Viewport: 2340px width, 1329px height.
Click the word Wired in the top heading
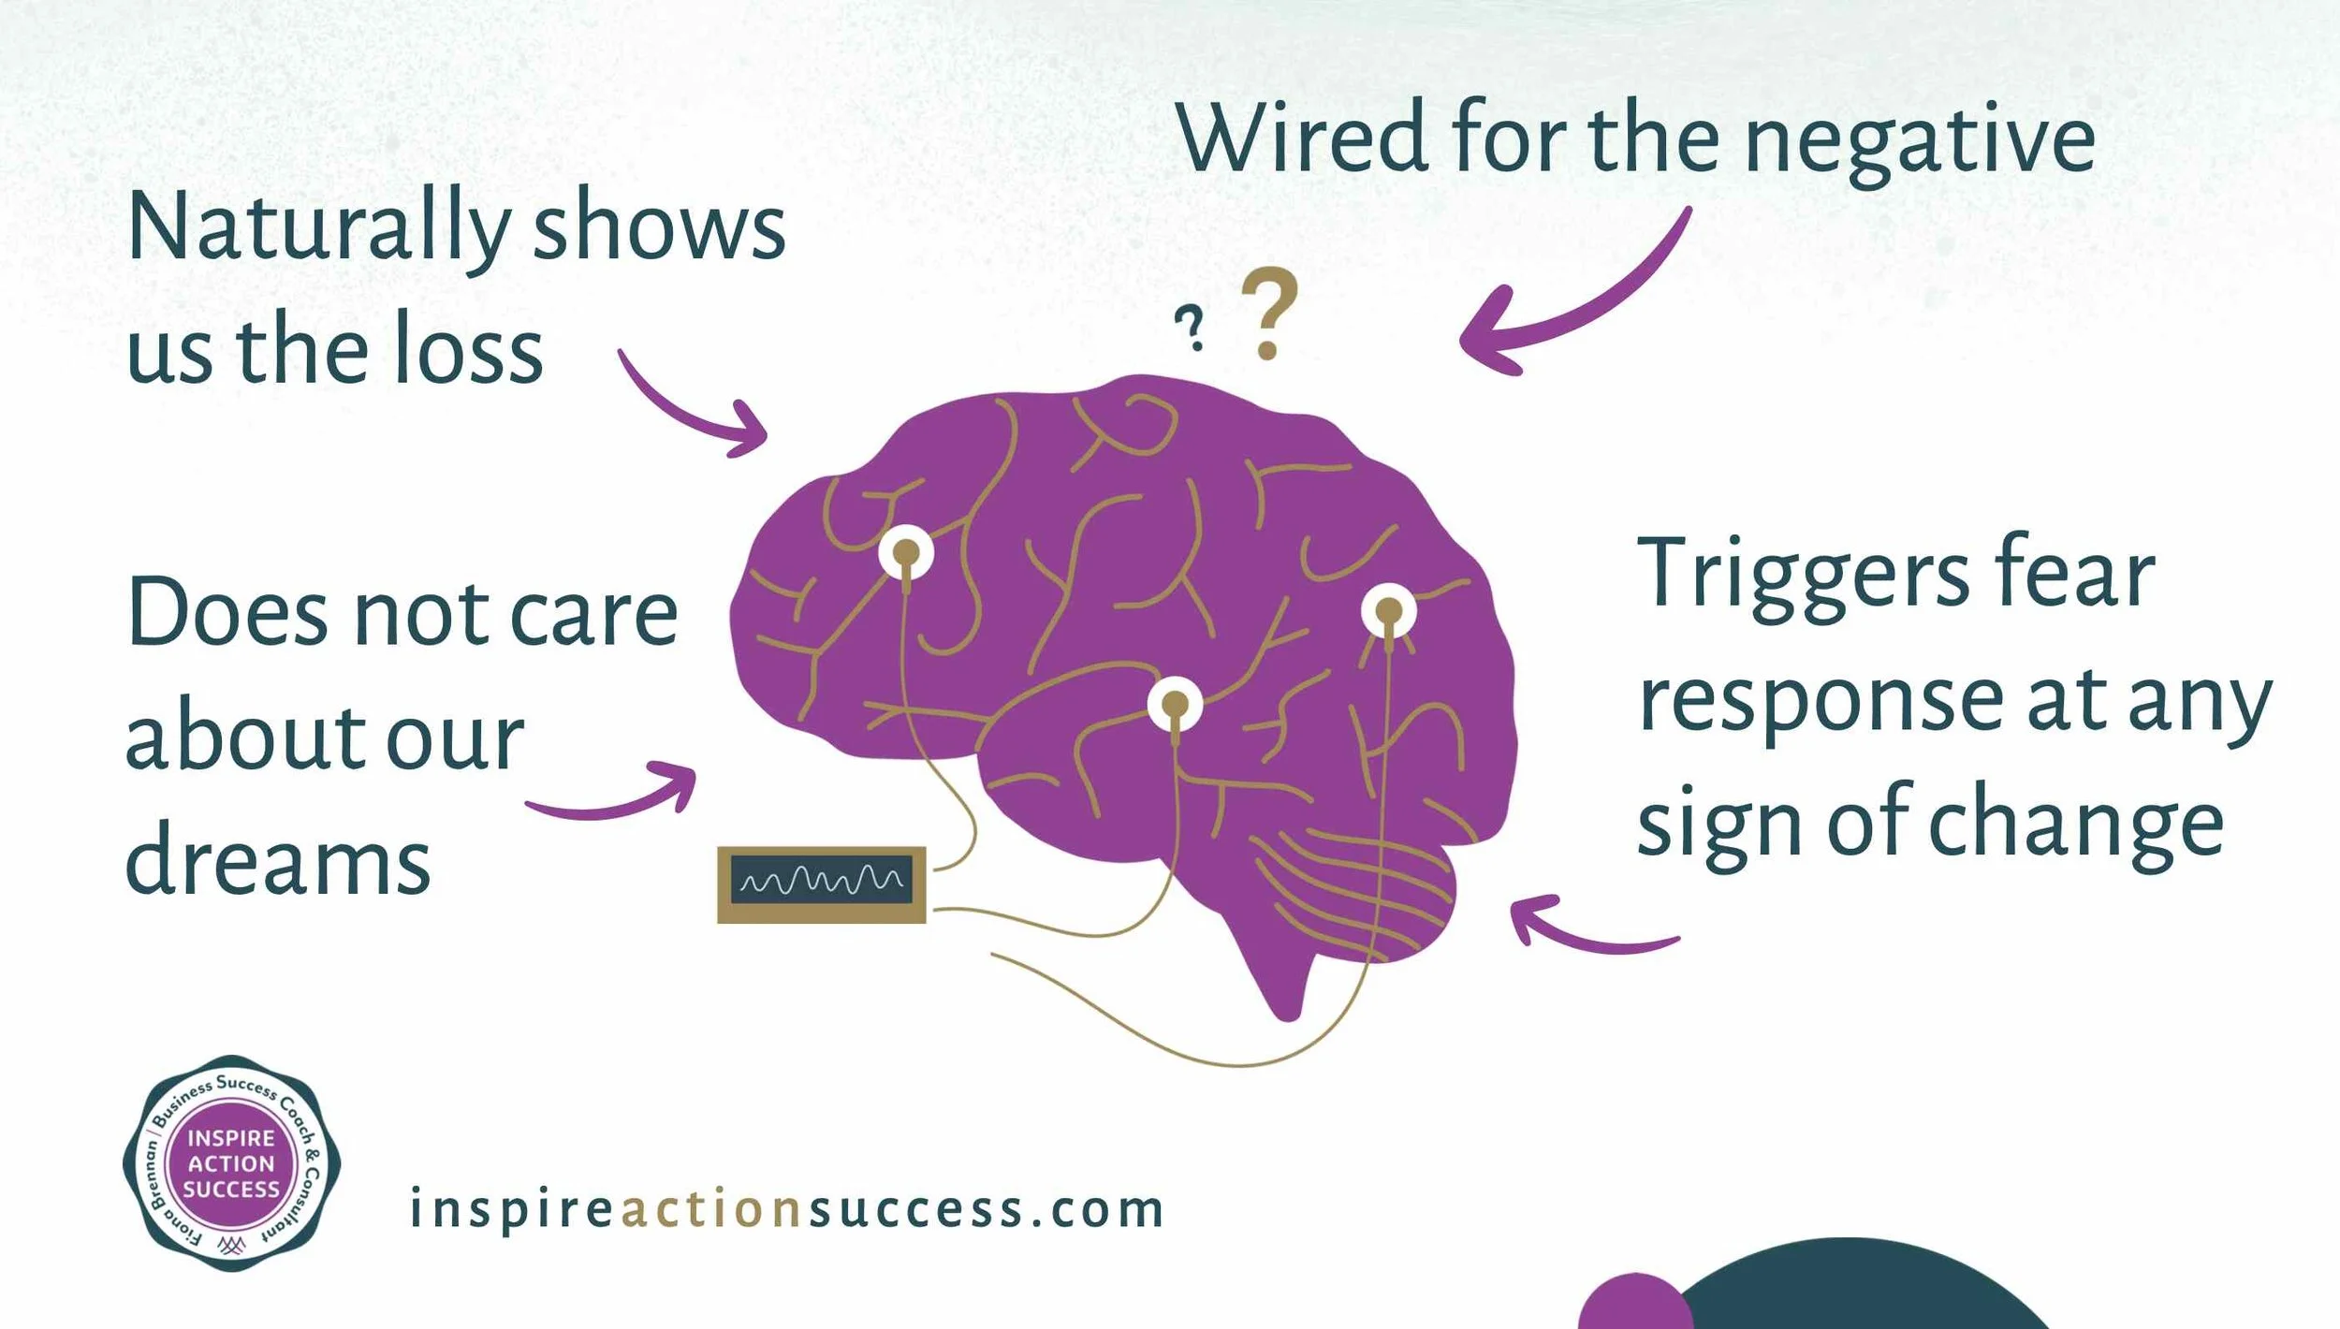tap(1301, 138)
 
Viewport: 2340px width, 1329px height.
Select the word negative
tap(1919, 145)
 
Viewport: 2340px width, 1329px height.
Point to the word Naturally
tap(318, 227)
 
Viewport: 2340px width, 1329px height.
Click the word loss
tap(468, 350)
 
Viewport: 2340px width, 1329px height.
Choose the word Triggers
tap(1803, 576)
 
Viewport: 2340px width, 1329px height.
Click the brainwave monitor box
tap(821, 884)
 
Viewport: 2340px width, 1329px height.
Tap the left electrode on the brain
tap(906, 553)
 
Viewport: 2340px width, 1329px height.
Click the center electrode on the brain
tap(1175, 704)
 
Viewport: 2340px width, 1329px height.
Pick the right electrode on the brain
tap(1388, 611)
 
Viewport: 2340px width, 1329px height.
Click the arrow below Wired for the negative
tap(1572, 299)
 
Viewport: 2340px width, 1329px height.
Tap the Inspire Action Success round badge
tap(231, 1163)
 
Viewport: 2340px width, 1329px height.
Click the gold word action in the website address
tap(711, 1209)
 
